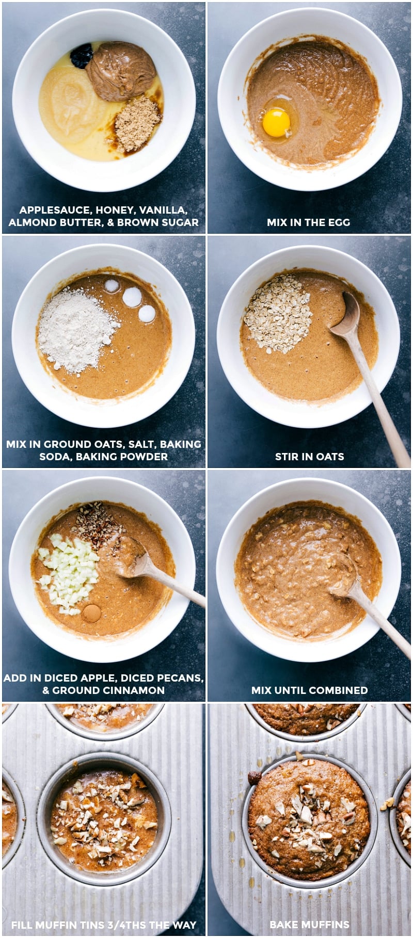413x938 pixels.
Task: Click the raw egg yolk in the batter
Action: pos(276,122)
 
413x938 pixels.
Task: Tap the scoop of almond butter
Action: pos(121,71)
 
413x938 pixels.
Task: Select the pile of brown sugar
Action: pos(137,124)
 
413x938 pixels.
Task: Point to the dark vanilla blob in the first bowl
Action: pos(82,55)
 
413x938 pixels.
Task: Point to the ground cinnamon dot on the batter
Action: pos(92,612)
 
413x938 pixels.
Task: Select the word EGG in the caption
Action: pos(339,222)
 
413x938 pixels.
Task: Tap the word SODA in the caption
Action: pos(52,457)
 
